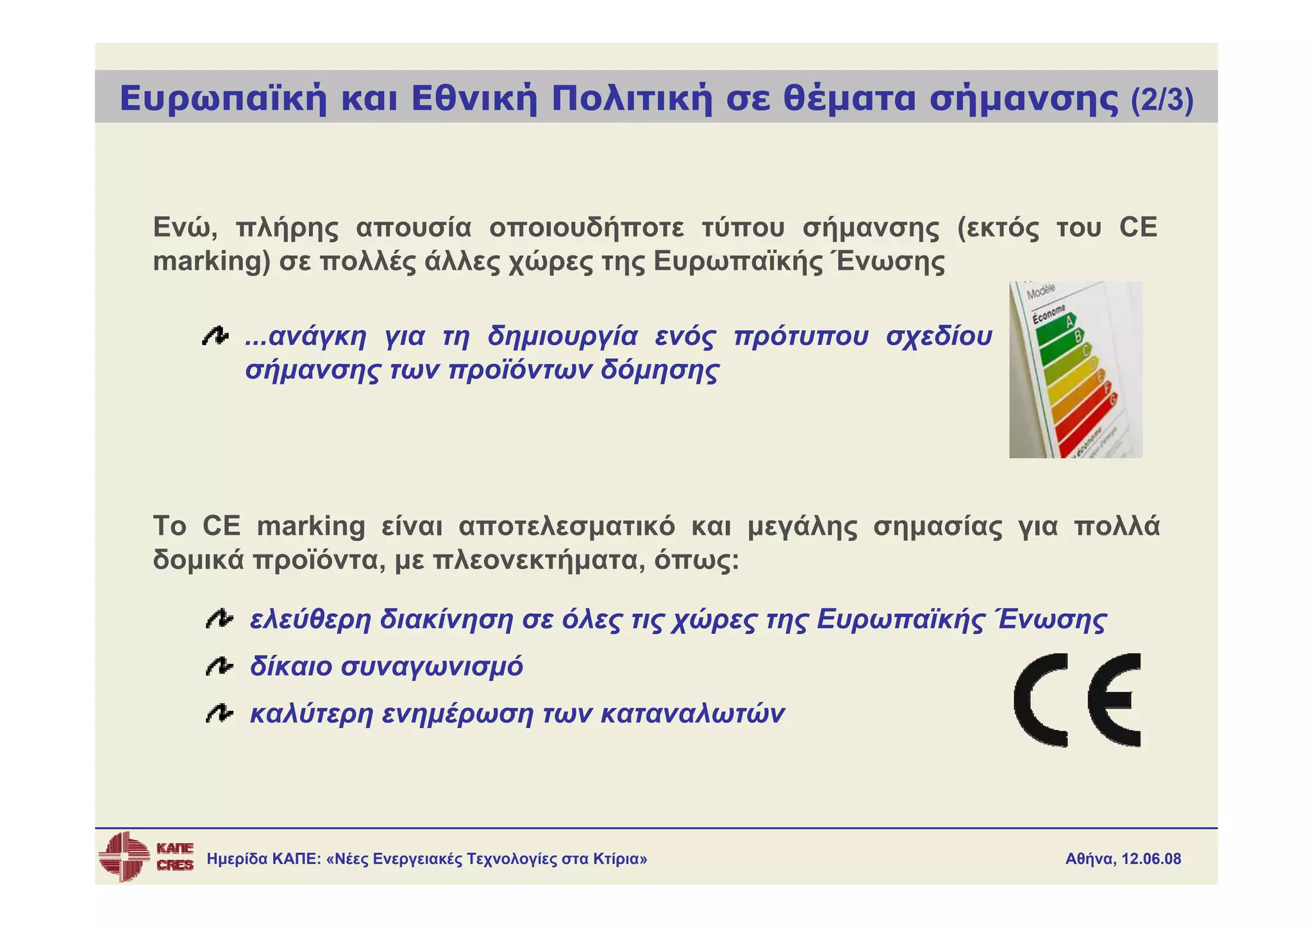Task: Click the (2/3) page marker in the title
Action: (1162, 100)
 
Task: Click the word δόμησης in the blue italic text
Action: (660, 370)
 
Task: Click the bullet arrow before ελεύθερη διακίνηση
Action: (219, 620)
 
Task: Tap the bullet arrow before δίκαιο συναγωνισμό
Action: (219, 667)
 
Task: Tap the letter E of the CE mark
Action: (1115, 700)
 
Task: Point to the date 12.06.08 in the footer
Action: (1151, 859)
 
